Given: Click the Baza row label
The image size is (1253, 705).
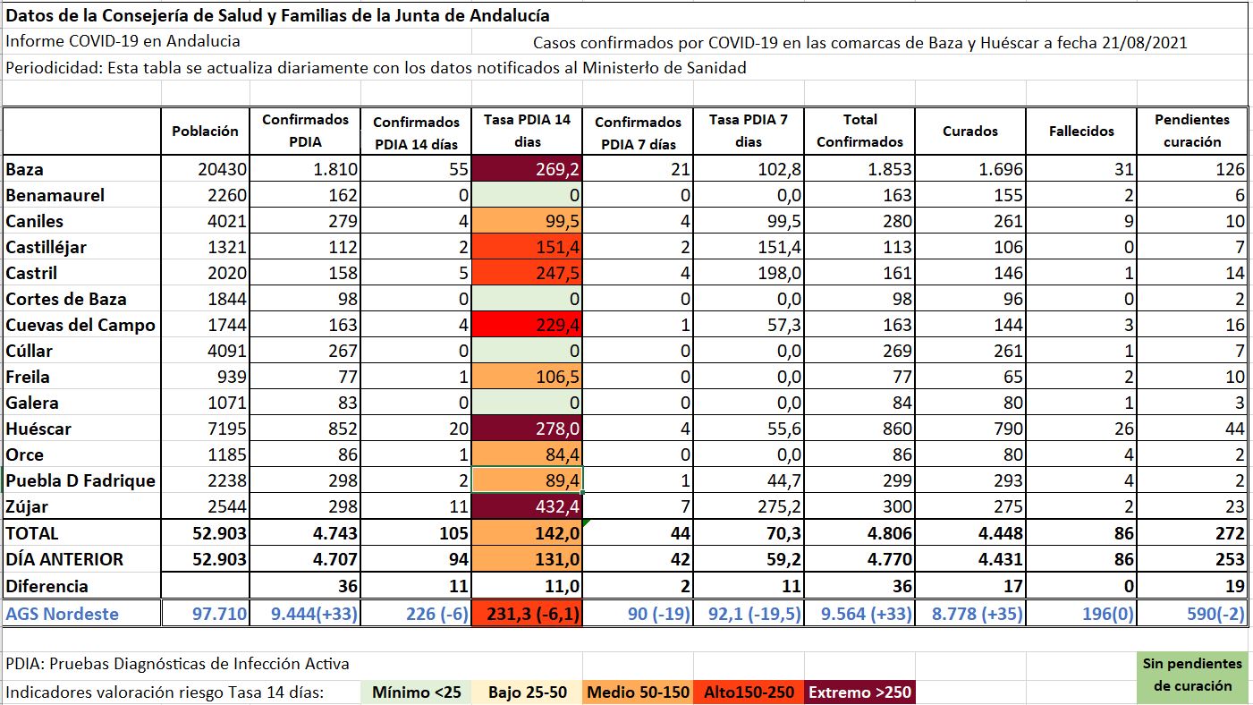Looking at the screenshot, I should [24, 169].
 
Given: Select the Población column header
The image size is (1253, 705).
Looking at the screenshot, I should [206, 131].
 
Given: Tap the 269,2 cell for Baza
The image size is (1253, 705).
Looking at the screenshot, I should [527, 169].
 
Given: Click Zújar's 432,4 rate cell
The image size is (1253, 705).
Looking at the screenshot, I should [527, 506].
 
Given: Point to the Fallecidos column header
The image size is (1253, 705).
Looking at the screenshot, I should [1081, 131].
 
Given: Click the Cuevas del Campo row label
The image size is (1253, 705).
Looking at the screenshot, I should [80, 325].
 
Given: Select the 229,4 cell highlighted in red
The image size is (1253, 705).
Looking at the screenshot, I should [527, 325].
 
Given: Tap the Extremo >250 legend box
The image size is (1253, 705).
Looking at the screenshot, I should [859, 692].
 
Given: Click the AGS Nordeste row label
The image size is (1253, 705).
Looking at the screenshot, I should [62, 614].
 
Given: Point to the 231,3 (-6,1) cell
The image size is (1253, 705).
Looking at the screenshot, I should [527, 614].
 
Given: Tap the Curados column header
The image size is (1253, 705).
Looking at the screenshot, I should [969, 131].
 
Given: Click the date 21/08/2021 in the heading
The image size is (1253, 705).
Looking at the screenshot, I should [1145, 43].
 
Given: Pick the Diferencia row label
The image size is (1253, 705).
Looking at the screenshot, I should [47, 586].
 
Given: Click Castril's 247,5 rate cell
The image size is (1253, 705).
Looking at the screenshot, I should [527, 273].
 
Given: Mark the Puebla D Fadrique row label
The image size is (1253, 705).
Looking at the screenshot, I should [80, 480].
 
